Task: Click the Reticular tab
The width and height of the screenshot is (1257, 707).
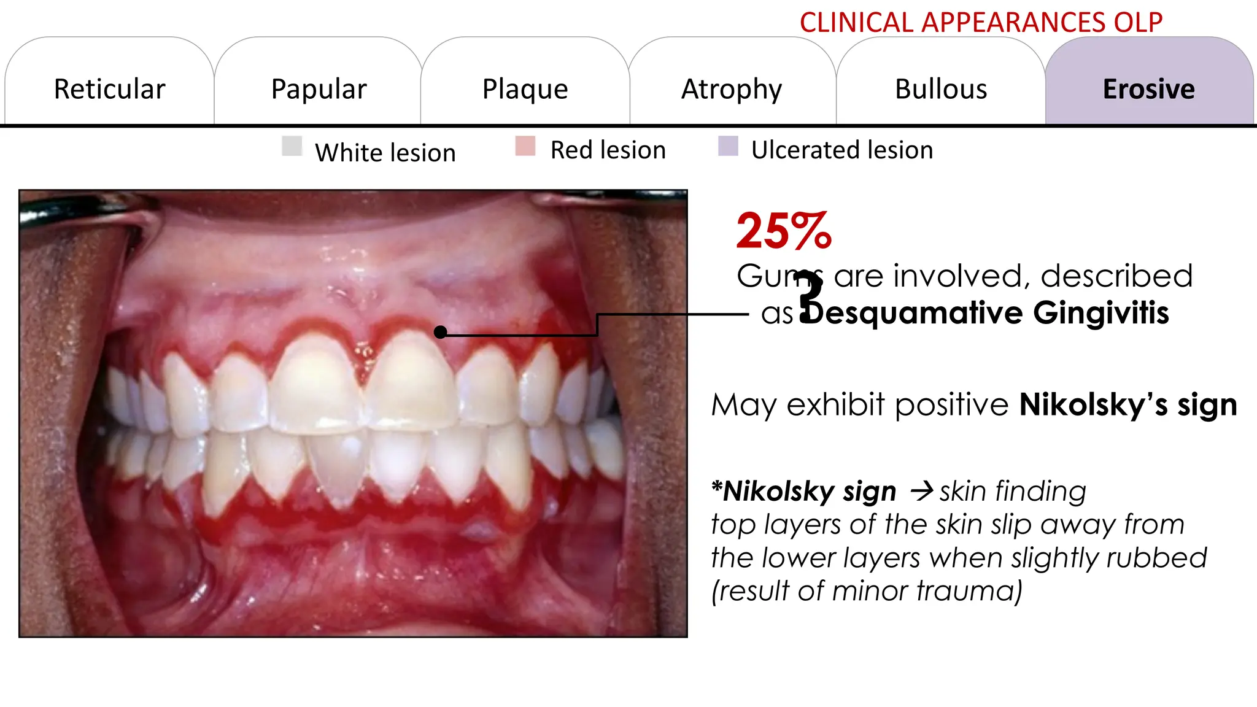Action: (109, 89)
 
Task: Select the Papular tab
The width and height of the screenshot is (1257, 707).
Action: (319, 89)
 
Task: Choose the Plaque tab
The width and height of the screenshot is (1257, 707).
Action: (525, 89)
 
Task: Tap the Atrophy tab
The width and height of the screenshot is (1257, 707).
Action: (732, 89)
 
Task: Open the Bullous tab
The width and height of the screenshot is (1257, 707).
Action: (941, 89)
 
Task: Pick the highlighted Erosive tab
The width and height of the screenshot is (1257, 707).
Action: (1148, 89)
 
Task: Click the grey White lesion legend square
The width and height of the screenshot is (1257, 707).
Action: (292, 146)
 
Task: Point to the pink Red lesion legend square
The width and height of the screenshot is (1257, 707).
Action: (525, 146)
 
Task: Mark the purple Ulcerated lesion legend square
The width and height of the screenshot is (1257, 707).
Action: (728, 146)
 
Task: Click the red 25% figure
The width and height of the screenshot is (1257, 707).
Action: (784, 231)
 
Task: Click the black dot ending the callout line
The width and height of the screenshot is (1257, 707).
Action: (440, 332)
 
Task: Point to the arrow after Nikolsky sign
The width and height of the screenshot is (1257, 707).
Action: (921, 491)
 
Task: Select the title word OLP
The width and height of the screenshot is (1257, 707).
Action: (1138, 23)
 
